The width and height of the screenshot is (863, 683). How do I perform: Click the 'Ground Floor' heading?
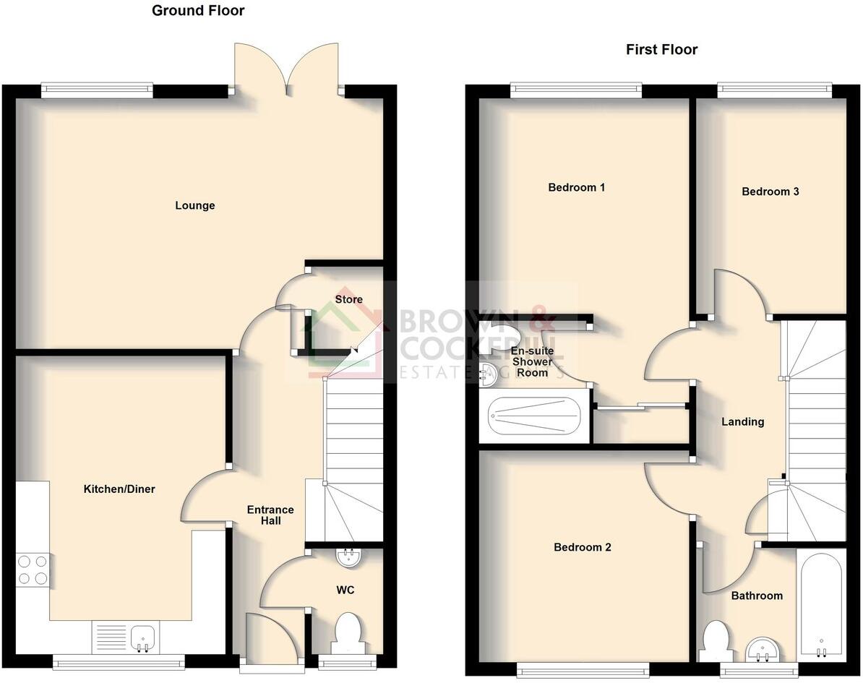(x=197, y=11)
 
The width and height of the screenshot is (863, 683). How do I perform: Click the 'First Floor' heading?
(x=661, y=50)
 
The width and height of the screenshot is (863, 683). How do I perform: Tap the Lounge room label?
(x=195, y=206)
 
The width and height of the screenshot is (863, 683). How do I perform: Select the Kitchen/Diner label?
(x=119, y=489)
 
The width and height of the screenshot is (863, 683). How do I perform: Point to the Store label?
(x=348, y=299)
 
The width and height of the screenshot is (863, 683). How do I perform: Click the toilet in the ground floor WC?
(x=349, y=630)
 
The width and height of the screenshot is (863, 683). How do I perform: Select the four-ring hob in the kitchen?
(x=32, y=569)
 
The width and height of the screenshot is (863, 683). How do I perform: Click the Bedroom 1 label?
(x=576, y=188)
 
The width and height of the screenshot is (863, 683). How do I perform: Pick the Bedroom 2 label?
(x=582, y=547)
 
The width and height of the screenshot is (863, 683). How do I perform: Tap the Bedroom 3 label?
(x=770, y=192)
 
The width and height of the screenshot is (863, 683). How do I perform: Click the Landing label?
(x=742, y=422)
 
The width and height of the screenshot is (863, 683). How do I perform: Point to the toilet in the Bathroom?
(x=716, y=640)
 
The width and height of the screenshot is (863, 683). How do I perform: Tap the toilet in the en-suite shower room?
(x=501, y=338)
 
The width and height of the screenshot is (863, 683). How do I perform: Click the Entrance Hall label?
(x=270, y=515)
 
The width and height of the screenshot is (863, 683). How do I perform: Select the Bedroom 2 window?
(x=583, y=669)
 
